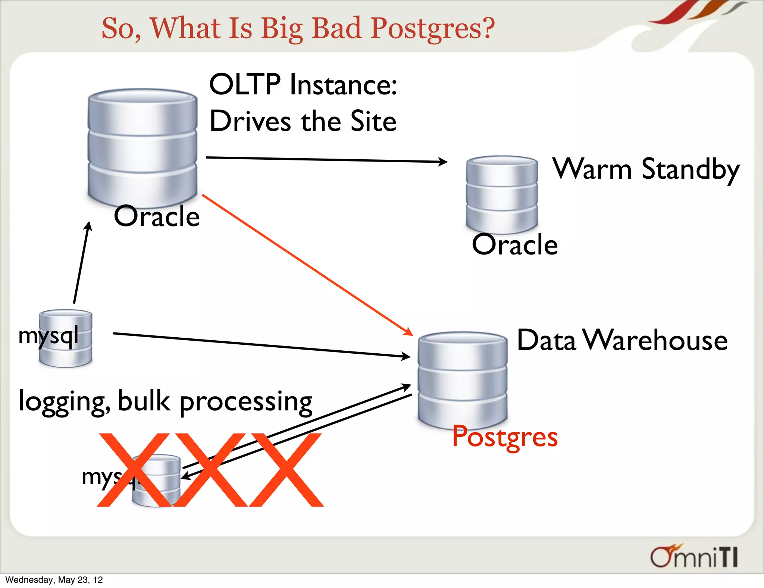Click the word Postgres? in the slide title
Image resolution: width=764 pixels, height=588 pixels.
click(x=433, y=28)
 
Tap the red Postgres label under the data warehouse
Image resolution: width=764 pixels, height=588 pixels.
click(x=505, y=437)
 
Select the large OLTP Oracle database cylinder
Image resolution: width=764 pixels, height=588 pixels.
click(x=143, y=146)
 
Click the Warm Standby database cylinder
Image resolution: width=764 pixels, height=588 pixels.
click(x=502, y=194)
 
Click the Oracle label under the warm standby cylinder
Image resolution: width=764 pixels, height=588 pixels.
click(x=515, y=245)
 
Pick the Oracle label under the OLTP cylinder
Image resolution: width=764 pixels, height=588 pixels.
click(x=157, y=216)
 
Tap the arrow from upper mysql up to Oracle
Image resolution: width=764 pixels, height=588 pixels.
click(x=81, y=263)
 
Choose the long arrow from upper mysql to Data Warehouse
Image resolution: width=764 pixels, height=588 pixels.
click(x=261, y=345)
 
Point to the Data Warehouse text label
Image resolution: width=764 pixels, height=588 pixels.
click(x=622, y=340)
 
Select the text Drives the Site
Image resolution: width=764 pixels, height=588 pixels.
click(x=303, y=121)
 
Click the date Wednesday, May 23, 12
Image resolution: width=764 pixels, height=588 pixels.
click(x=54, y=580)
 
